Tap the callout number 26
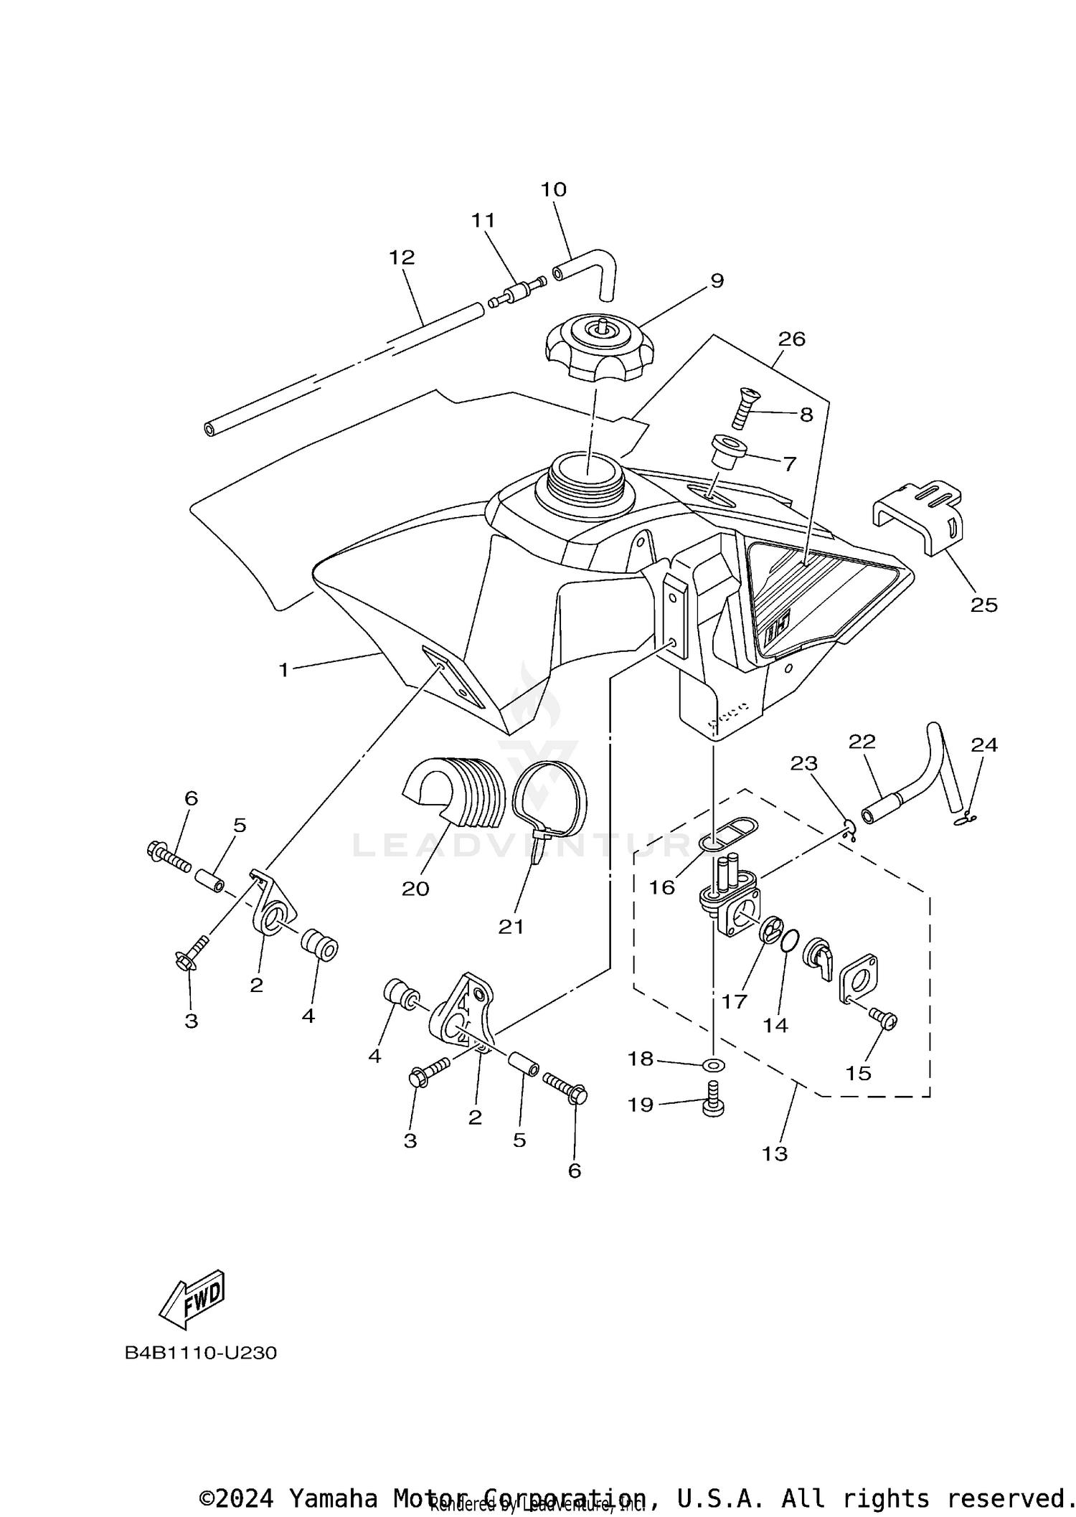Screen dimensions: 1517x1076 tap(791, 339)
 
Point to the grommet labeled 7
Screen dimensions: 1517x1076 tap(728, 452)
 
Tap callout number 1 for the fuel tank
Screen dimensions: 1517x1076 tap(283, 671)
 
